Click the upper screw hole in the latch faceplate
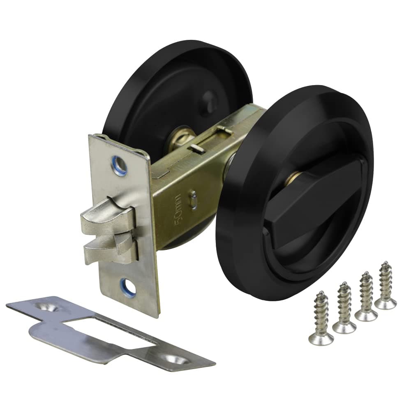(120, 165)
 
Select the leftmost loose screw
(321, 319)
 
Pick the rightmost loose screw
(386, 286)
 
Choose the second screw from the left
(344, 308)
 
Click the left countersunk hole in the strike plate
(47, 307)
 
